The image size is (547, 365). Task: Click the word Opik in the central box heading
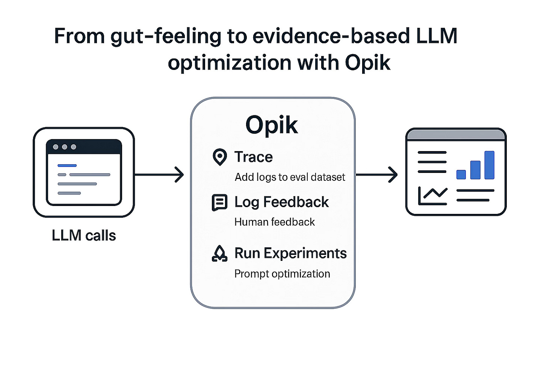(x=272, y=125)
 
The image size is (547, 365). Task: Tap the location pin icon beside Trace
(x=219, y=157)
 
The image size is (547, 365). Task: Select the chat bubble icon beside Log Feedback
(x=219, y=203)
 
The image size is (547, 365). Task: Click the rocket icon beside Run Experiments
(x=219, y=254)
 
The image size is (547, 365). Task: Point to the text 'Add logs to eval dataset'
(x=290, y=177)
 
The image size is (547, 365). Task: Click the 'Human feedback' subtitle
(x=274, y=222)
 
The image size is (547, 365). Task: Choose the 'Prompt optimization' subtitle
(x=282, y=274)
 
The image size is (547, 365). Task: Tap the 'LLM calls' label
(x=84, y=236)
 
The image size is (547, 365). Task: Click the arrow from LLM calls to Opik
(x=159, y=175)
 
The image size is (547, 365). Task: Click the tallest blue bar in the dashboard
(x=489, y=165)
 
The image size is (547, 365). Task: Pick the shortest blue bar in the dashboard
(x=461, y=174)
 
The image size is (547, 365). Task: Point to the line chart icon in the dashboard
(x=432, y=196)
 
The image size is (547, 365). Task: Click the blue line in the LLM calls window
(x=67, y=165)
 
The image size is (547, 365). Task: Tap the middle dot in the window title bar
(x=65, y=147)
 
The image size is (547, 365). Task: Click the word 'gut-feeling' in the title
(x=166, y=36)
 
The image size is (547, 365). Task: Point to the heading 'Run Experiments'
(x=290, y=253)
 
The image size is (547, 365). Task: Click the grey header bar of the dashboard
(x=456, y=135)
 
